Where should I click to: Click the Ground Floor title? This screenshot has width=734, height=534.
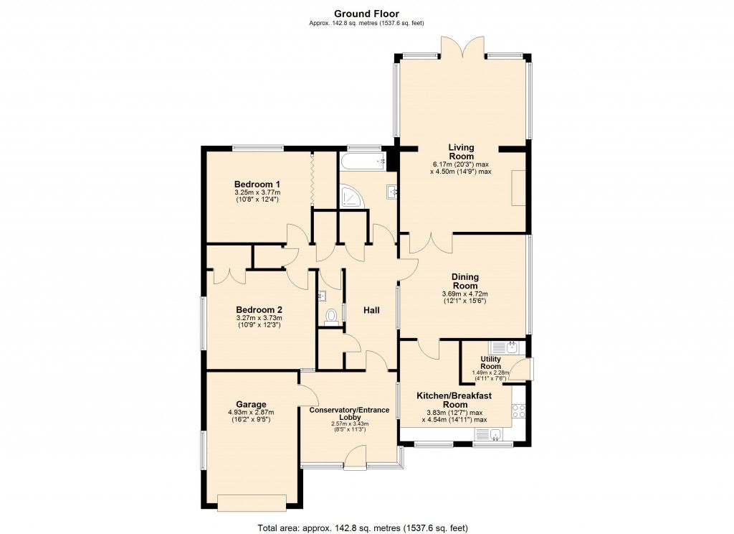(x=366, y=14)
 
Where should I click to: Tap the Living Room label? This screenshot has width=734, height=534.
(x=461, y=152)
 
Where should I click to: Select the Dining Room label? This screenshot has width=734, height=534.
(x=464, y=281)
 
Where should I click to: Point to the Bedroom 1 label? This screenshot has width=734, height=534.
(x=257, y=183)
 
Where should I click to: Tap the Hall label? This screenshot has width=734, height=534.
(x=371, y=310)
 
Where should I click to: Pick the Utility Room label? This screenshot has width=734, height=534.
(x=491, y=362)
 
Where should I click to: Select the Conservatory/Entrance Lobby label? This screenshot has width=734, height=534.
(x=349, y=414)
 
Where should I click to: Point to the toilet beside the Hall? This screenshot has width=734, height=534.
(x=331, y=316)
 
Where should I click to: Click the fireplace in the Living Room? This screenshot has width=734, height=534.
(x=518, y=189)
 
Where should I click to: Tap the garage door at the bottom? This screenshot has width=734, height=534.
(x=255, y=502)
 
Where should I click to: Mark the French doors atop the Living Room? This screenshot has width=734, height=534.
(x=464, y=49)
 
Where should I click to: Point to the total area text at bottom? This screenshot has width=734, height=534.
(x=362, y=528)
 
